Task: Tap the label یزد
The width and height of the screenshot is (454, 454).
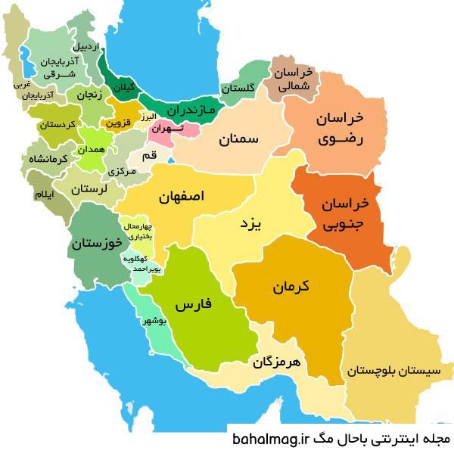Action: tap(249, 225)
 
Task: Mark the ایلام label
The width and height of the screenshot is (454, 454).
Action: tap(44, 195)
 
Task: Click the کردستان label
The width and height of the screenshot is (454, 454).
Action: tap(58, 125)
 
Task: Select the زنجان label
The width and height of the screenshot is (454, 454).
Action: tap(88, 95)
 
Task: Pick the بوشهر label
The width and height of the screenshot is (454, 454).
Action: tap(153, 322)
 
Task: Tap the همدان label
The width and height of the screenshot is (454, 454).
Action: tap(96, 151)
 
